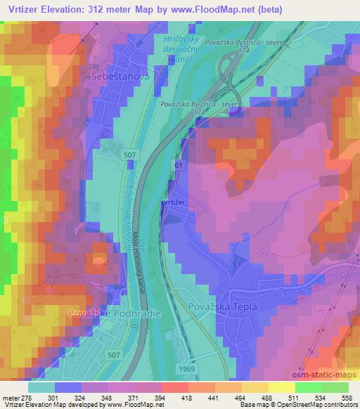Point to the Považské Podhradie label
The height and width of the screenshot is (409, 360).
pos(105,311)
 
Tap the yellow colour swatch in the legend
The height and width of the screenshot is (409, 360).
pos(281,387)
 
